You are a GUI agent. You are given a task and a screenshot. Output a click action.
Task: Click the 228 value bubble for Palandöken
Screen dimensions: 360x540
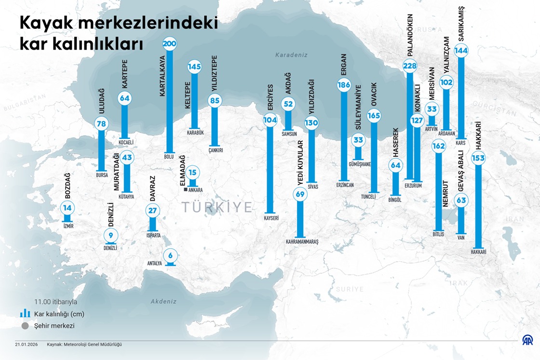click(x=409, y=66)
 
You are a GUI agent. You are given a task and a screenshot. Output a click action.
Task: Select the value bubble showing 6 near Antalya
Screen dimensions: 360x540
click(x=170, y=255)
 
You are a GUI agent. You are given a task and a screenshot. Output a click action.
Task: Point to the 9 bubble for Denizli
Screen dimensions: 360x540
click(x=111, y=236)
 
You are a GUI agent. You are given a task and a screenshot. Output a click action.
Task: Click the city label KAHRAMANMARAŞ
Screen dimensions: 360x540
click(x=302, y=241)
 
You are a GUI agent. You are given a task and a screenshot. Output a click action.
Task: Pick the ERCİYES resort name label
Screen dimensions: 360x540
click(x=270, y=98)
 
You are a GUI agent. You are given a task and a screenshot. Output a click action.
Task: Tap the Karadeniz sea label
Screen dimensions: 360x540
click(x=291, y=55)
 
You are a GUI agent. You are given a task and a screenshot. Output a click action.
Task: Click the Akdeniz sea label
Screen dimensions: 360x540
click(x=163, y=301)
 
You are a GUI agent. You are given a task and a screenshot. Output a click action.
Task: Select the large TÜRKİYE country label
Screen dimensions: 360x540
click(x=217, y=207)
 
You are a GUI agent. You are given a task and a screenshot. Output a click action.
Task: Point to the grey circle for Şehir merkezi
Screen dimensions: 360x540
click(x=25, y=326)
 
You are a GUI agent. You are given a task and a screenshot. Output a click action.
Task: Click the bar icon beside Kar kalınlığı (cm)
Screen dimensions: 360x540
click(x=25, y=314)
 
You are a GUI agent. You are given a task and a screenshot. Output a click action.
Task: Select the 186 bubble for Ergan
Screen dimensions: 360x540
click(x=344, y=86)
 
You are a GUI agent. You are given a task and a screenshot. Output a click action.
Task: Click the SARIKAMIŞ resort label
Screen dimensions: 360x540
click(x=461, y=25)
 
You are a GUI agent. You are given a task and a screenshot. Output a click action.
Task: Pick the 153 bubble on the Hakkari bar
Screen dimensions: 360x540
click(x=478, y=158)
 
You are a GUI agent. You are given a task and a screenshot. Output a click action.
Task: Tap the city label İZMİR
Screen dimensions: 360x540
click(x=68, y=226)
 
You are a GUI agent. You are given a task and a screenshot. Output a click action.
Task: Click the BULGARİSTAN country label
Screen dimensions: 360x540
click(x=25, y=102)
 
